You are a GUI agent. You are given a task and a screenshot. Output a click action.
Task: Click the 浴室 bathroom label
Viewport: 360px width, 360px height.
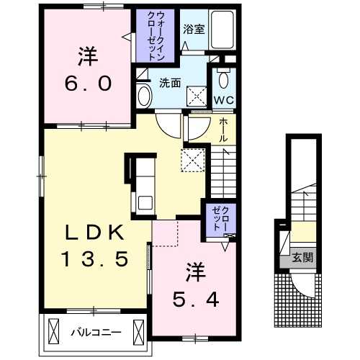tap(194, 30)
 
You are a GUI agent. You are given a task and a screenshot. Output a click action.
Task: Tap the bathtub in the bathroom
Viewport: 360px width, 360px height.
tap(222, 30)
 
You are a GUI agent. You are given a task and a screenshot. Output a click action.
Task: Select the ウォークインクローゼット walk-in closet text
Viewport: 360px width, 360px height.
tap(156, 35)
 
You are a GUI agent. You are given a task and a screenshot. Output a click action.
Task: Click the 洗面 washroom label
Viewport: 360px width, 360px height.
tap(170, 83)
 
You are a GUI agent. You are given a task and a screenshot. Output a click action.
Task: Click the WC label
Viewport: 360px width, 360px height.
tap(223, 100)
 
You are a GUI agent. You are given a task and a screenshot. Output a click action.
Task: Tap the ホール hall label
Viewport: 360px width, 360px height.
tap(223, 130)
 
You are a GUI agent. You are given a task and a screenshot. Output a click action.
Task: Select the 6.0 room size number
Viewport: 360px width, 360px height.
tap(88, 84)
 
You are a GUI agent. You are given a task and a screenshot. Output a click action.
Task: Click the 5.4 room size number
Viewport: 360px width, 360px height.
tap(196, 300)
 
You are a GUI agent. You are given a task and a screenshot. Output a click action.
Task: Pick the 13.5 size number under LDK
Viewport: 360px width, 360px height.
tap(95, 259)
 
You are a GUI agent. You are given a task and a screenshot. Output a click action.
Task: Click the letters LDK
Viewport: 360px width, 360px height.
tap(95, 233)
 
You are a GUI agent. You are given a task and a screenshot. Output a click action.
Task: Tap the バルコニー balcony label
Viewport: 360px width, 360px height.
tap(96, 333)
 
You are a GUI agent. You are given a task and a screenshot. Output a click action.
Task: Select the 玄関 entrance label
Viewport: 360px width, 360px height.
tap(303, 258)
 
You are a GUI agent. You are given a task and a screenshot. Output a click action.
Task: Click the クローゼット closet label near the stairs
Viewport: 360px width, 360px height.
tap(220, 219)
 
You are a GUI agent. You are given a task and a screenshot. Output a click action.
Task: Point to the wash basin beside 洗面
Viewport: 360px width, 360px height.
tap(144, 96)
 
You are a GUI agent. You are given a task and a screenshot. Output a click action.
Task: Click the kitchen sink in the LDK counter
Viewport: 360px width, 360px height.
tap(145, 202)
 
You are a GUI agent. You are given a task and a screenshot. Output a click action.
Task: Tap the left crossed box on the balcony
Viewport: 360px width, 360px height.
tap(53, 332)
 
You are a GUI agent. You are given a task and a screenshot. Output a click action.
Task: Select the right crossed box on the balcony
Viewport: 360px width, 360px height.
tap(138, 332)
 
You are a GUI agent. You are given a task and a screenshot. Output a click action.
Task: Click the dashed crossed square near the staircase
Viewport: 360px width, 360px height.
tap(193, 161)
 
